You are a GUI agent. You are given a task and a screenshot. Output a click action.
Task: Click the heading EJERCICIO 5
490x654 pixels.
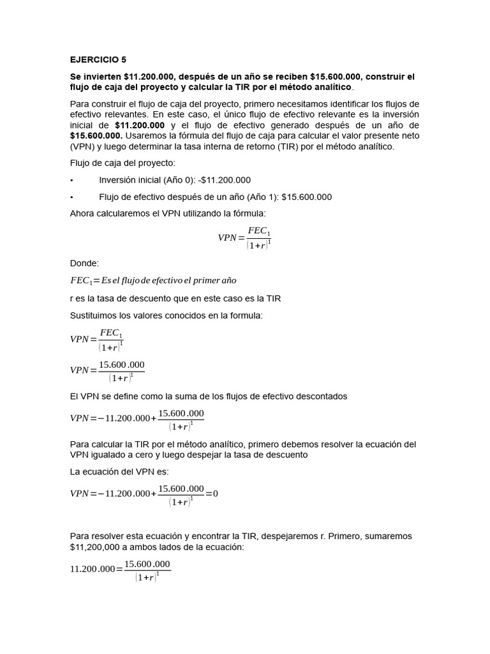coord(98,61)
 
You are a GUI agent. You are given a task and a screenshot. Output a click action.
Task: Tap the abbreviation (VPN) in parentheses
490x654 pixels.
coord(82,146)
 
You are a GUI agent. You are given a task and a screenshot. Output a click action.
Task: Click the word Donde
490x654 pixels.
coord(84,263)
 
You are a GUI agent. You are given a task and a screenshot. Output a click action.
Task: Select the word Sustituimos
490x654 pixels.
coord(95,315)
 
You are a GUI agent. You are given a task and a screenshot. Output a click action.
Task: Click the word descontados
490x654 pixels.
coord(322,396)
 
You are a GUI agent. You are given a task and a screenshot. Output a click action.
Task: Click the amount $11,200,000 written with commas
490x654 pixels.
coord(98,547)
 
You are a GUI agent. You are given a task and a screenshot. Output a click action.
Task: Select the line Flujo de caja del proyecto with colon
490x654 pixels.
coord(117,163)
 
